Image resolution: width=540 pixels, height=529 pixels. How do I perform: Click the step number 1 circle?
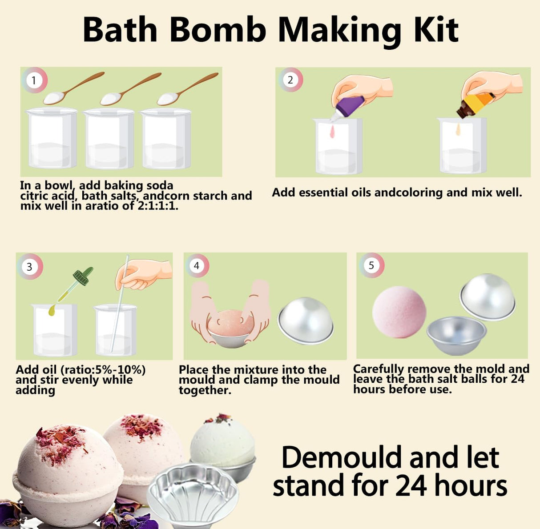tap(34, 80)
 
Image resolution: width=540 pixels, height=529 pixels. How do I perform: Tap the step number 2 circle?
tap(290, 80)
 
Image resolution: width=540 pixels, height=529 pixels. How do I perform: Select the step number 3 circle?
tap(29, 266)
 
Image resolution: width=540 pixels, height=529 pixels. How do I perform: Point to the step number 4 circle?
tap(196, 266)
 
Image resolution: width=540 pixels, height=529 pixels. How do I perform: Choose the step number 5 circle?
tap(371, 265)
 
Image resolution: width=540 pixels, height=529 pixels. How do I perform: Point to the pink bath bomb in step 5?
tap(399, 312)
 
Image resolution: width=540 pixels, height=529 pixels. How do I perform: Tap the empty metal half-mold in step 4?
tap(306, 321)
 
